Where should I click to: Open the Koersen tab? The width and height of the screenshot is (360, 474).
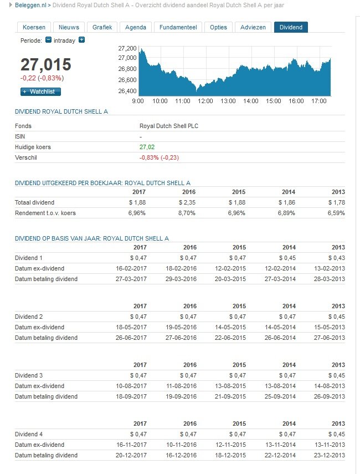pyautogui.click(x=34, y=27)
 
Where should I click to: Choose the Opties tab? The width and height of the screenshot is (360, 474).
pyautogui.click(x=218, y=27)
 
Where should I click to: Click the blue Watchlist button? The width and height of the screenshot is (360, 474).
pyautogui.click(x=40, y=91)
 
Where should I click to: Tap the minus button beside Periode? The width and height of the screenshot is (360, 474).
pyautogui.click(x=48, y=40)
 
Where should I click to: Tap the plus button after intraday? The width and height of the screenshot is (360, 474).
pyautogui.click(x=81, y=40)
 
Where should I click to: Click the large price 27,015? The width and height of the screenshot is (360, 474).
pyautogui.click(x=45, y=64)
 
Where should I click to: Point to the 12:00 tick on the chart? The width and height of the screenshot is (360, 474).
pyautogui.click(x=205, y=101)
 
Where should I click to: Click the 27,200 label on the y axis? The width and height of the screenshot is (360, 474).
pyautogui.click(x=127, y=49)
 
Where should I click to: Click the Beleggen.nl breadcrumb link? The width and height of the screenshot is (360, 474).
pyautogui.click(x=30, y=4)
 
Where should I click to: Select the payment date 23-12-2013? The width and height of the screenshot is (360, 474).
pyautogui.click(x=331, y=455)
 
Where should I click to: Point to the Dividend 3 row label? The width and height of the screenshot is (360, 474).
pyautogui.click(x=28, y=375)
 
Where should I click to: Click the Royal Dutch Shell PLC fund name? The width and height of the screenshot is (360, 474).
pyautogui.click(x=169, y=126)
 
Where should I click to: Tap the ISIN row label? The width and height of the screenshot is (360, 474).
pyautogui.click(x=20, y=136)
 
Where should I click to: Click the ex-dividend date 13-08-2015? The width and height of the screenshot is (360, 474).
pyautogui.click(x=231, y=386)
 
